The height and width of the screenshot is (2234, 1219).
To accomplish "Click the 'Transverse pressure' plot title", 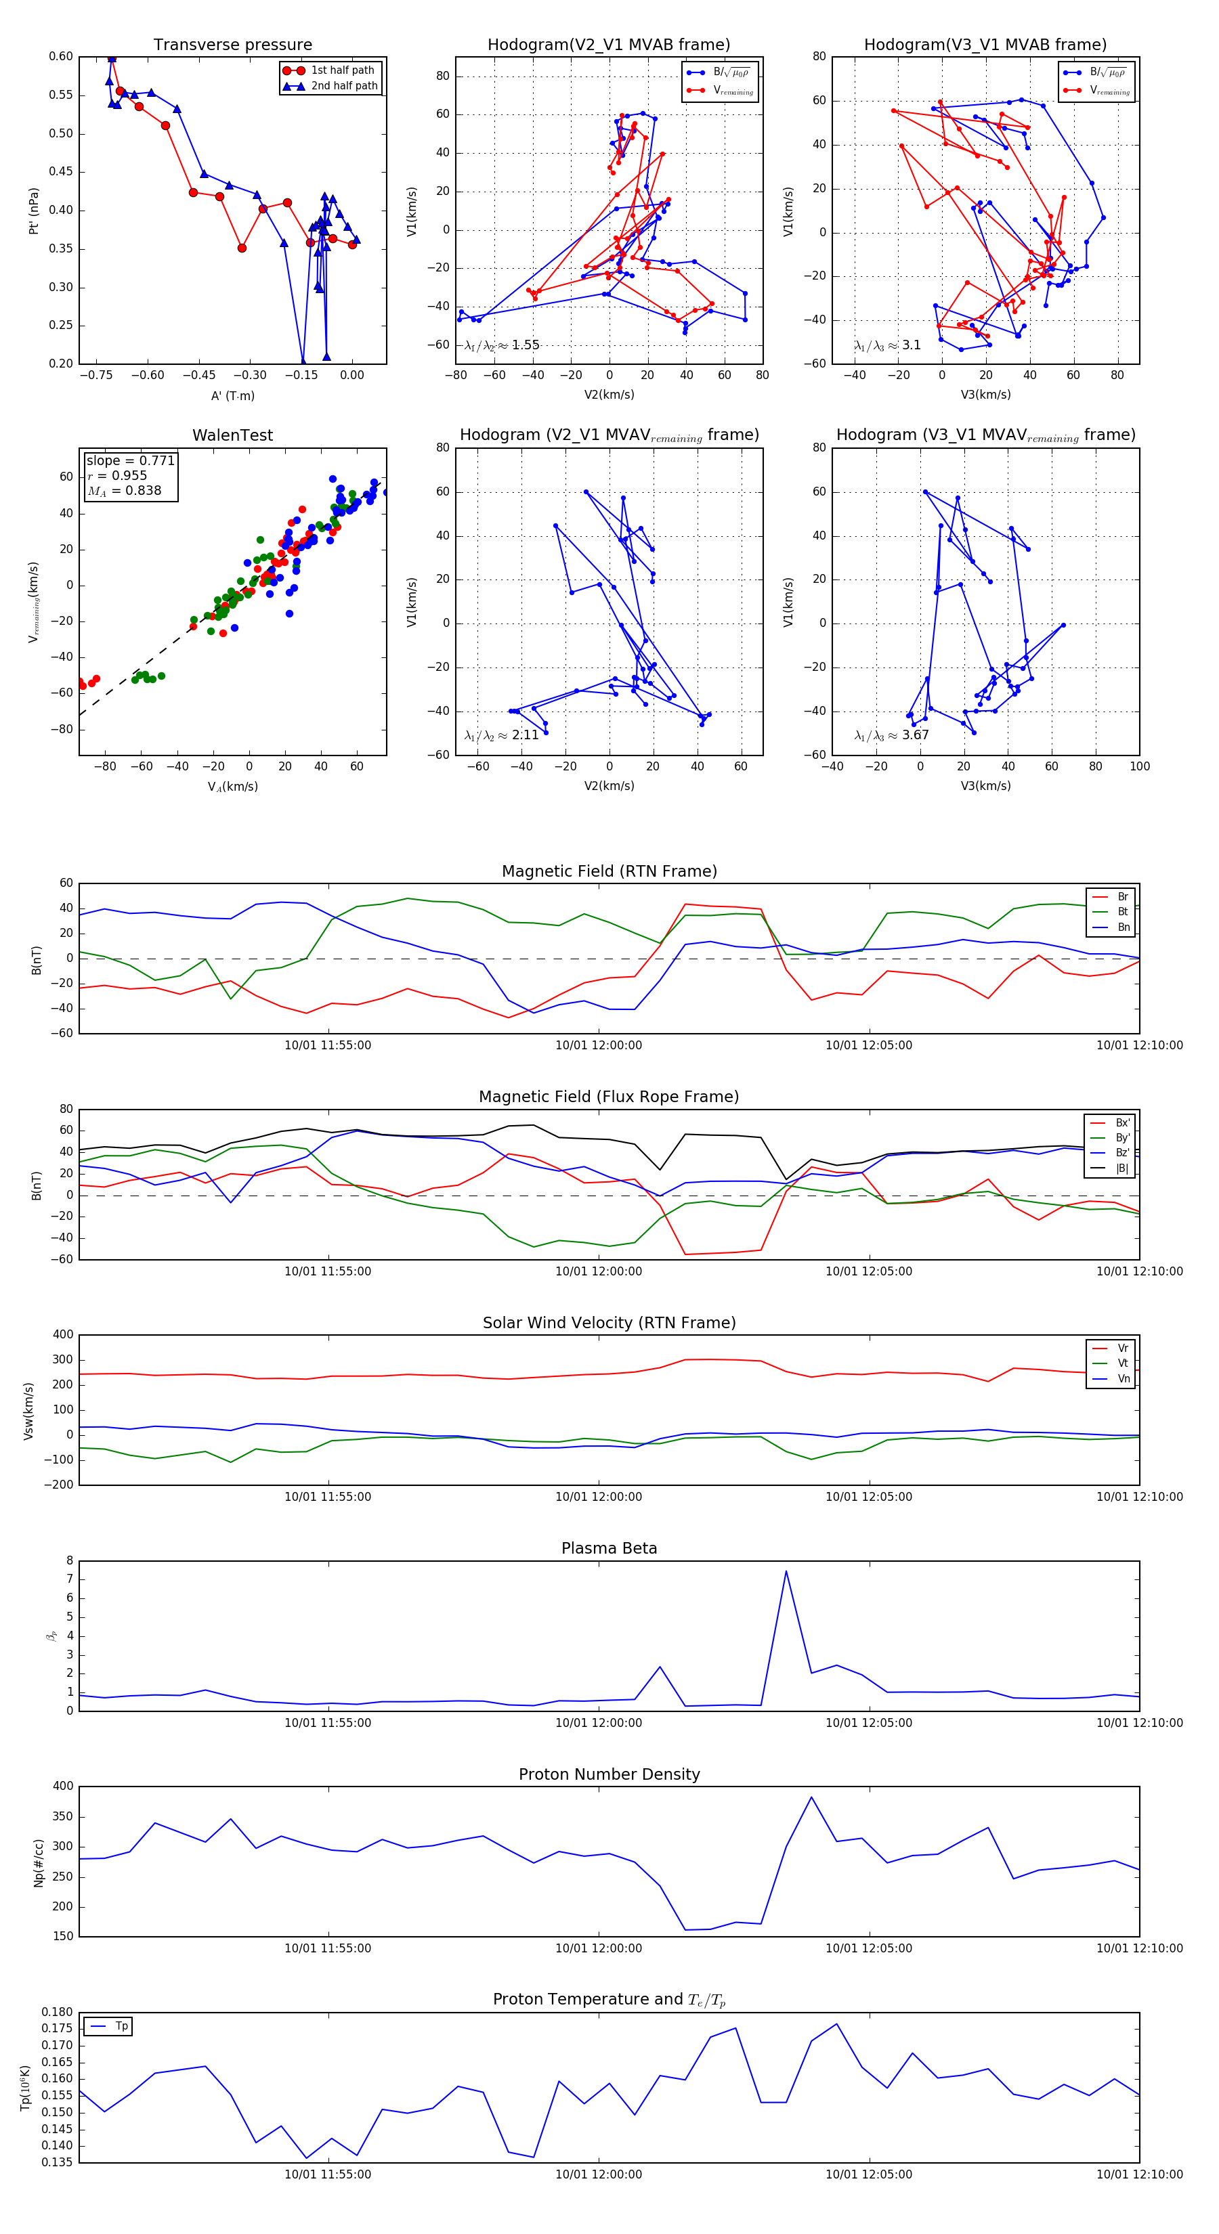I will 232,44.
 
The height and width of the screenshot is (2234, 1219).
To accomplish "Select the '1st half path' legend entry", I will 343,70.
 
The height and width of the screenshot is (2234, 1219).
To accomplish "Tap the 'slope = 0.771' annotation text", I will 130,460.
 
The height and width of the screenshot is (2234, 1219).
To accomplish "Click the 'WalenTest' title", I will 232,435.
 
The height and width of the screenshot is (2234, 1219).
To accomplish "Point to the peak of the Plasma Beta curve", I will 786,1571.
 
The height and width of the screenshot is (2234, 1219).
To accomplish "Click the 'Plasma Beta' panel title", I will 609,1548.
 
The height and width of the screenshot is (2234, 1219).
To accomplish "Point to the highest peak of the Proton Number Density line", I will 811,1796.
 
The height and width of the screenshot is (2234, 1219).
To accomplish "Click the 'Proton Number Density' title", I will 609,1774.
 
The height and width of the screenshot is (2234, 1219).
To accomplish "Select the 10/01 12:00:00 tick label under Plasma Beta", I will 599,1722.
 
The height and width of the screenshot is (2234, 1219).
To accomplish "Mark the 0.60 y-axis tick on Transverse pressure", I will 61,56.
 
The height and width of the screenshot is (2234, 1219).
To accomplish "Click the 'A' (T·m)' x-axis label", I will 232,395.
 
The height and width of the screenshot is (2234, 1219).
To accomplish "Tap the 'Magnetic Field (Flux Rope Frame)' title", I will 609,1096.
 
